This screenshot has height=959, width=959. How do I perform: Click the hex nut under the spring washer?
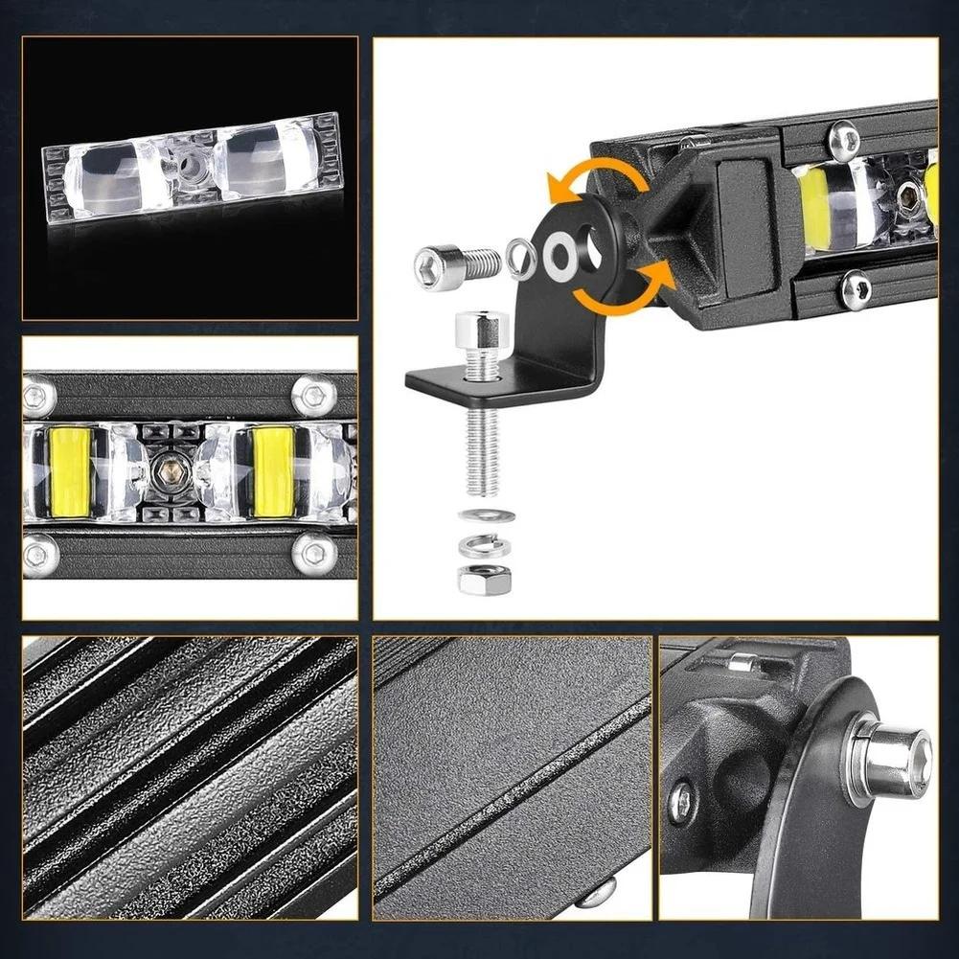(x=485, y=579)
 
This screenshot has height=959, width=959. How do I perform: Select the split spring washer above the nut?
(x=485, y=546)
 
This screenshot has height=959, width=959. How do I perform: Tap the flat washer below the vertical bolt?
(x=486, y=515)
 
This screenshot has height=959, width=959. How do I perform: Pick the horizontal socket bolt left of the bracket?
(x=457, y=265)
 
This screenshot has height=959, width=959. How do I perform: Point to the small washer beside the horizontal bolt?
(x=521, y=260)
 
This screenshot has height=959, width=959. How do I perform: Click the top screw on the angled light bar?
(x=844, y=140)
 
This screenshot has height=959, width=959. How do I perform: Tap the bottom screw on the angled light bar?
(x=856, y=288)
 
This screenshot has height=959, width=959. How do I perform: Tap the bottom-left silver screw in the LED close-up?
(x=39, y=554)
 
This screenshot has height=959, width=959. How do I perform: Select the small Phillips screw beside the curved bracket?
(x=681, y=802)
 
